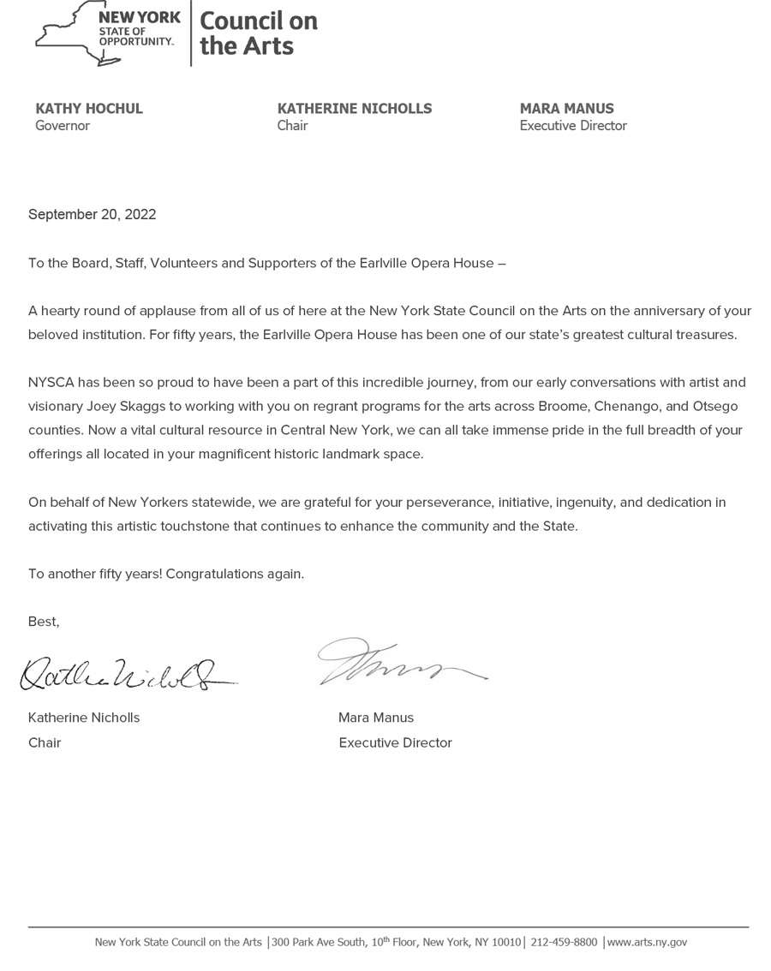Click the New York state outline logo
pyautogui.click(x=81, y=34)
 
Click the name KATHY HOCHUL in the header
pyautogui.click(x=89, y=109)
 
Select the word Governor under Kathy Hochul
pyautogui.click(x=63, y=126)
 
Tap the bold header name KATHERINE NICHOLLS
pyautogui.click(x=355, y=109)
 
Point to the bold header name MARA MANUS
pyautogui.click(x=566, y=109)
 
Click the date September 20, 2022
pyautogui.click(x=93, y=215)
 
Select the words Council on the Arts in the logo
pyautogui.click(x=259, y=33)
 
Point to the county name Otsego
pyautogui.click(x=713, y=406)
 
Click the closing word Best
pyautogui.click(x=43, y=622)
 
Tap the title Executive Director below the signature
pyautogui.click(x=395, y=742)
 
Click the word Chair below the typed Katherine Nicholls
pyautogui.click(x=45, y=742)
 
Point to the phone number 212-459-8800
pyautogui.click(x=564, y=942)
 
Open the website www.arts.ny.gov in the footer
pyautogui.click(x=647, y=942)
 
